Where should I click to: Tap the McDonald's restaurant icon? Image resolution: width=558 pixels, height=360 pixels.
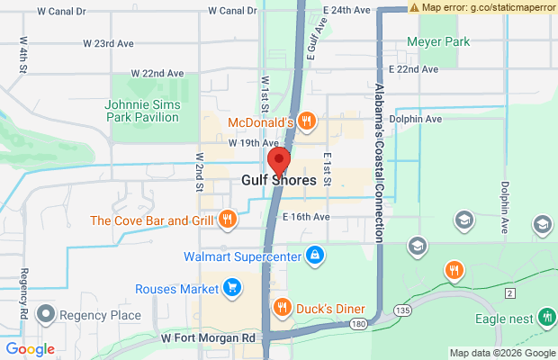(x=307, y=121)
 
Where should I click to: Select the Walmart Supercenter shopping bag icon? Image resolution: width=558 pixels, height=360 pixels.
(x=314, y=256)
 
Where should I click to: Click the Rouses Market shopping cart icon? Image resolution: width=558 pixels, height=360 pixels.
(x=232, y=289)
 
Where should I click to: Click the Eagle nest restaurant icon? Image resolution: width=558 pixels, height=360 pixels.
(x=545, y=317)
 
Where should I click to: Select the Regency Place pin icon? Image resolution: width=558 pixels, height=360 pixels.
(x=42, y=315)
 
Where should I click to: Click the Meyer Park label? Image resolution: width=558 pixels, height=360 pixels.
(x=438, y=41)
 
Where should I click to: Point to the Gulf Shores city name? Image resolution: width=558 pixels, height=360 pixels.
(x=279, y=180)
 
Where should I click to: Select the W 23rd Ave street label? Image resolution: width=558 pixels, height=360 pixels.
(x=108, y=43)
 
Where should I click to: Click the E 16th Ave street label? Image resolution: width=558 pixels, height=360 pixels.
(x=306, y=217)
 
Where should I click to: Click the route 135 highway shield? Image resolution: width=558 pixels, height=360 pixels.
(x=401, y=310)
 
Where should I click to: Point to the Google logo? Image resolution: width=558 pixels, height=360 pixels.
(x=30, y=349)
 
